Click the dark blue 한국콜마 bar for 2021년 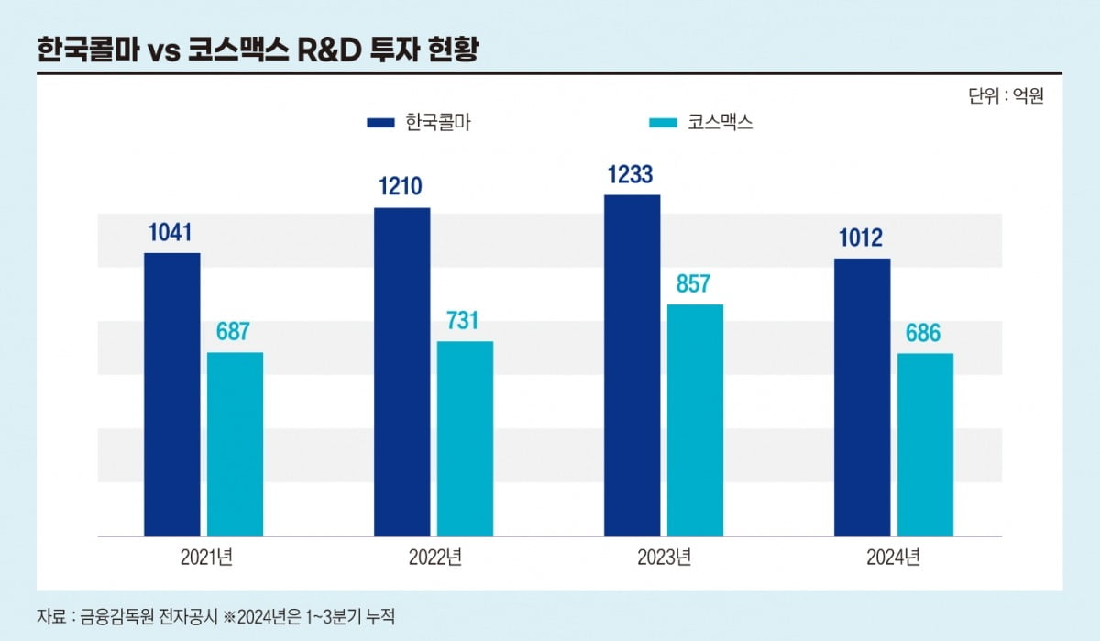point(172,394)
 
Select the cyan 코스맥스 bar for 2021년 point(235,444)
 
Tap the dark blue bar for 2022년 point(401,371)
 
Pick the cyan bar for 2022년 point(465,438)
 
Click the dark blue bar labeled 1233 point(632,365)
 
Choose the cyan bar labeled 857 point(695,420)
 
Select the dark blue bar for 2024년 point(862,397)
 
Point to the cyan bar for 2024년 point(925,444)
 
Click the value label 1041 point(170,234)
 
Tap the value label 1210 point(401,188)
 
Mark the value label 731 point(464,321)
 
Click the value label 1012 point(860,239)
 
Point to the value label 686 point(923,334)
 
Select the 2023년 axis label point(663,558)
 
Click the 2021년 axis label point(203,558)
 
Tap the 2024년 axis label point(892,558)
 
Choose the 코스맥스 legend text point(720,122)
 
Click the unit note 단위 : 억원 point(1006,94)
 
